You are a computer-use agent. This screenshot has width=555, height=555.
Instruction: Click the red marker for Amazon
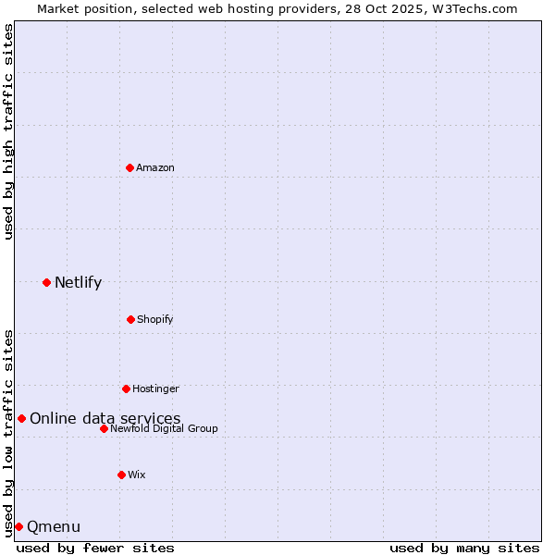tap(129, 167)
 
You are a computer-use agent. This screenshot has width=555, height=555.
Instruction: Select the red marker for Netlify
tap(46, 282)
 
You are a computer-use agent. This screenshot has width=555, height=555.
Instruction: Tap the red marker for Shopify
tap(130, 319)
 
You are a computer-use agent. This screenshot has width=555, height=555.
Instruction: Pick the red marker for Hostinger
tap(126, 388)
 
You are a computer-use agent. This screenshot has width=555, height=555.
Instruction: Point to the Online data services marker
tap(21, 418)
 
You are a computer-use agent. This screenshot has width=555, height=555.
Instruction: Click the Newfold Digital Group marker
tap(104, 428)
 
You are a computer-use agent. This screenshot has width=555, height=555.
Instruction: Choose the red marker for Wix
tap(121, 475)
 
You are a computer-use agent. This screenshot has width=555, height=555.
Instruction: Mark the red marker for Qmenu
tap(18, 526)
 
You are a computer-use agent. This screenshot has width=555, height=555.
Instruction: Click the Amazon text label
tap(155, 167)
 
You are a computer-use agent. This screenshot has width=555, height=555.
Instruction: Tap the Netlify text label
tap(78, 282)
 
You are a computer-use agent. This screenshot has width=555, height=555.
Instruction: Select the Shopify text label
tap(155, 319)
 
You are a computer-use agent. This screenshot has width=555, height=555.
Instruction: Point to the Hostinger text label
tap(155, 388)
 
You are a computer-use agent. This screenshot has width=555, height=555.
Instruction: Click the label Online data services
tap(105, 418)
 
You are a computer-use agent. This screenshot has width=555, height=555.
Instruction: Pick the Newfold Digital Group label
tap(164, 428)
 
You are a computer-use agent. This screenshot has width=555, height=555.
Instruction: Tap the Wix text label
tap(137, 475)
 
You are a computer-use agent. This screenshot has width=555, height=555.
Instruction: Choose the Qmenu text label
tap(54, 526)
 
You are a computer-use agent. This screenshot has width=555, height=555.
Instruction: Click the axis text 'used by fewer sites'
tap(95, 548)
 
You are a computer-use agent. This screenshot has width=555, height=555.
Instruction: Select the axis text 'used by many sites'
tap(464, 548)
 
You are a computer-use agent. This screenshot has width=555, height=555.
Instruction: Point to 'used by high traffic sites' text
tap(8, 131)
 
